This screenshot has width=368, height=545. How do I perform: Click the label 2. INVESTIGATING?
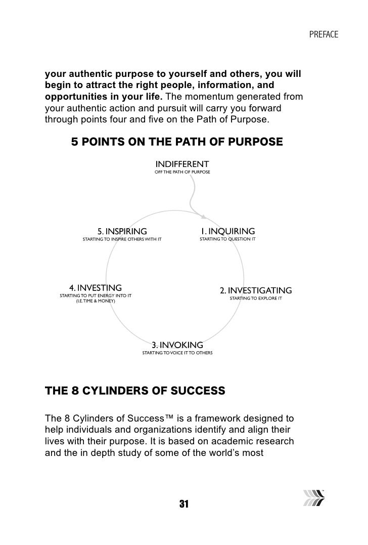click(256, 290)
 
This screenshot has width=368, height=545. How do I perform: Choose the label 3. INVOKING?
click(177, 345)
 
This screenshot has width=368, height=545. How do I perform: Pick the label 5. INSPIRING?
click(122, 231)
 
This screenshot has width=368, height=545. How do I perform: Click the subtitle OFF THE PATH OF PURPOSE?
click(182, 173)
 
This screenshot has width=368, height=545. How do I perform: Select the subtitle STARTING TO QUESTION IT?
click(227, 238)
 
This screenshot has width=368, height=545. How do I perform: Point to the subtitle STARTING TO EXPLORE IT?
click(256, 299)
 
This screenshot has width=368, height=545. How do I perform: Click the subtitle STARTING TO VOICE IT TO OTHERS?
click(177, 352)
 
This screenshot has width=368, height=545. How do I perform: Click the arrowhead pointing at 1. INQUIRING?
click(203, 217)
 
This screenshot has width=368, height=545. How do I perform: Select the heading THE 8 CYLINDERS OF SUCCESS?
click(134, 391)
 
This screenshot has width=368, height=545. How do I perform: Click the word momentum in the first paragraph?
click(219, 97)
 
